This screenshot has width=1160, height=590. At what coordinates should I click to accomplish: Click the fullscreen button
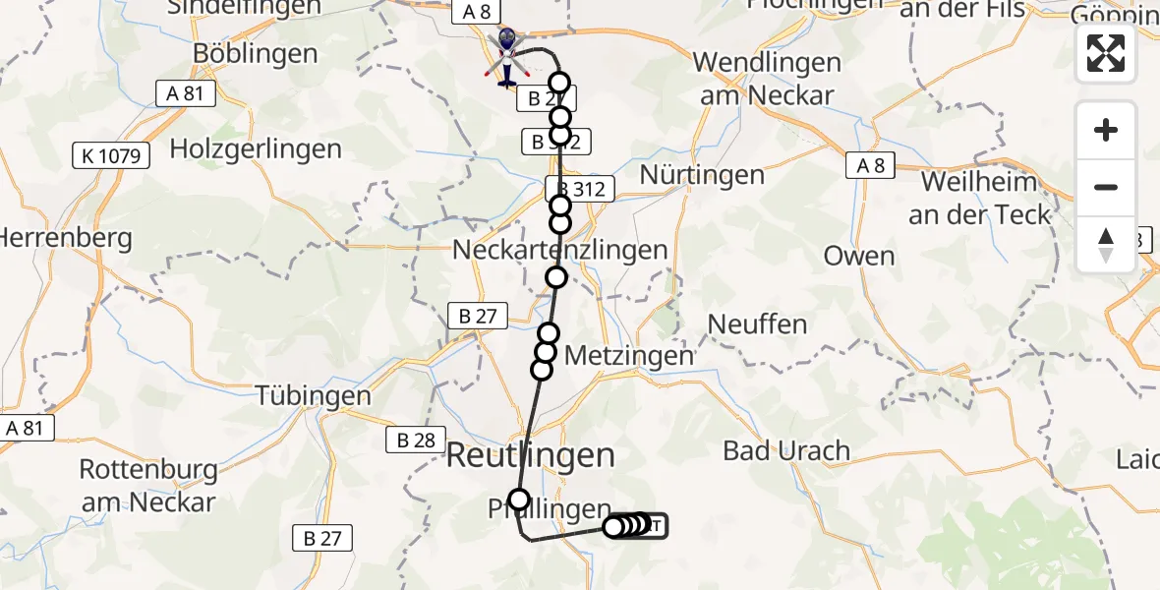tap(1106, 53)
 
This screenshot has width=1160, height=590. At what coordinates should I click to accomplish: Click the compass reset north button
tap(1106, 245)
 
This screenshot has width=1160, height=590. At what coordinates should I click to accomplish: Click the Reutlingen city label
tap(532, 455)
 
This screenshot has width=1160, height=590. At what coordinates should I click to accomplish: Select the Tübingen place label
tap(314, 396)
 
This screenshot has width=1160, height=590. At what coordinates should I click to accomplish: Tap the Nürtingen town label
tap(702, 175)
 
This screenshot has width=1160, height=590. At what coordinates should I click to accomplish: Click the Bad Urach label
tap(786, 451)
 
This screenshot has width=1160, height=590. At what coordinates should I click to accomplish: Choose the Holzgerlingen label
tap(256, 149)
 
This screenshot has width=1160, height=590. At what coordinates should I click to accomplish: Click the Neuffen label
tap(757, 324)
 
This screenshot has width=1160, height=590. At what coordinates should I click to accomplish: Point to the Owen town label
tap(859, 257)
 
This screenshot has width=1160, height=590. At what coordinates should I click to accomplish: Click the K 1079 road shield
tap(111, 154)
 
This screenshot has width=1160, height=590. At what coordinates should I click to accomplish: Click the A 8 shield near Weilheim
tap(871, 165)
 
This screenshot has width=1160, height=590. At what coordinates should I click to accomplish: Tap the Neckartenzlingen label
tap(560, 251)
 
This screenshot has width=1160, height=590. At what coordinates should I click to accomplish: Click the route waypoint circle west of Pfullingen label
tap(518, 500)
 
